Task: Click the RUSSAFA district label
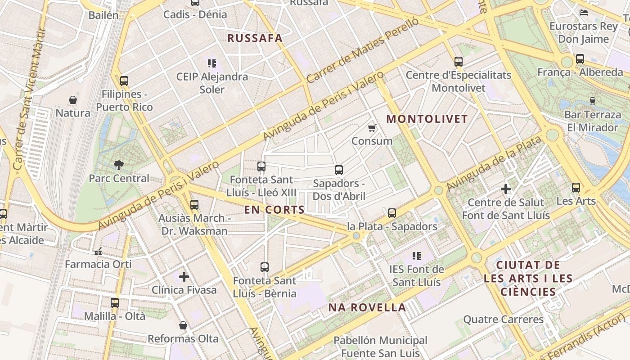(255, 38)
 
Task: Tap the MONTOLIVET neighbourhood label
(427, 119)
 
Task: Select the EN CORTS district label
(274, 210)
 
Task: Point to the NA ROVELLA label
(367, 308)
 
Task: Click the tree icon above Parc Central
(119, 165)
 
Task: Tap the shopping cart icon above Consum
(372, 128)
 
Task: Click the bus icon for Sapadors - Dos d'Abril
(339, 170)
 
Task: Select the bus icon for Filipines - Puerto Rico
(124, 81)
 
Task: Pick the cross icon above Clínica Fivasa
(184, 276)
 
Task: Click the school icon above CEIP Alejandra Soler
(212, 63)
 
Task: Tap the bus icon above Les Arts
(576, 188)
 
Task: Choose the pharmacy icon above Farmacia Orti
(98, 251)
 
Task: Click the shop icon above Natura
(73, 99)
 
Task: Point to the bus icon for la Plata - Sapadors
(392, 213)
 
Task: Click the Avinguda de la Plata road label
(494, 163)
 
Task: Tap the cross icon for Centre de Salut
(506, 189)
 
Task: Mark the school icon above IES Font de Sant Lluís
(417, 256)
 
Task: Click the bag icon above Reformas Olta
(183, 325)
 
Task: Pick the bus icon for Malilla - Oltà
(115, 303)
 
